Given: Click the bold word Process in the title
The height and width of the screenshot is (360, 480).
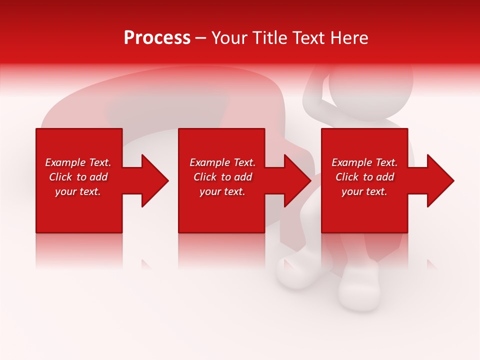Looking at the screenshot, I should pos(157,38).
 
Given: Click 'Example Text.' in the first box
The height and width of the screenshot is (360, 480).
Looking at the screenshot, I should pos(78,162).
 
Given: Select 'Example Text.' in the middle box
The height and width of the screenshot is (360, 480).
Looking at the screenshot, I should pos(222,162).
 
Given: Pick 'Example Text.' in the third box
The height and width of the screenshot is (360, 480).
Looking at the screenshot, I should pos(364,162).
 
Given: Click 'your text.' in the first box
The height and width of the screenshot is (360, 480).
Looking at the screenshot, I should pos(78,191).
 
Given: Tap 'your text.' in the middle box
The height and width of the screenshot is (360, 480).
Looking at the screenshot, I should pos(222,191).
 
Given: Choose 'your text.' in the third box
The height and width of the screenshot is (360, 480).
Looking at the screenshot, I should pos(364,191).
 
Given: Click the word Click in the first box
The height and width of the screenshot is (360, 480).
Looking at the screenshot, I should pos(61,177).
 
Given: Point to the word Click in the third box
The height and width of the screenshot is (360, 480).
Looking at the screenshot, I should pos(347,177).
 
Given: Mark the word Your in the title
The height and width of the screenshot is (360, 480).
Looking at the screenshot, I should pos(229,38).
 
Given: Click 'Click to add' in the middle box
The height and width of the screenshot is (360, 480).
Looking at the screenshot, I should pos(222,177).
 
